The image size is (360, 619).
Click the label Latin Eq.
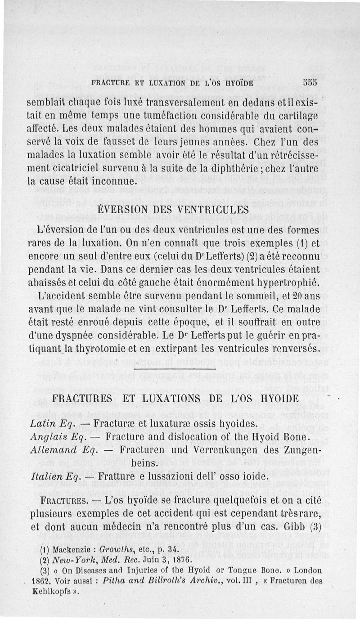point(49,424)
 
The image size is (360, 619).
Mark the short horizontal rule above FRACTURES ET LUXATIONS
point(175,369)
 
